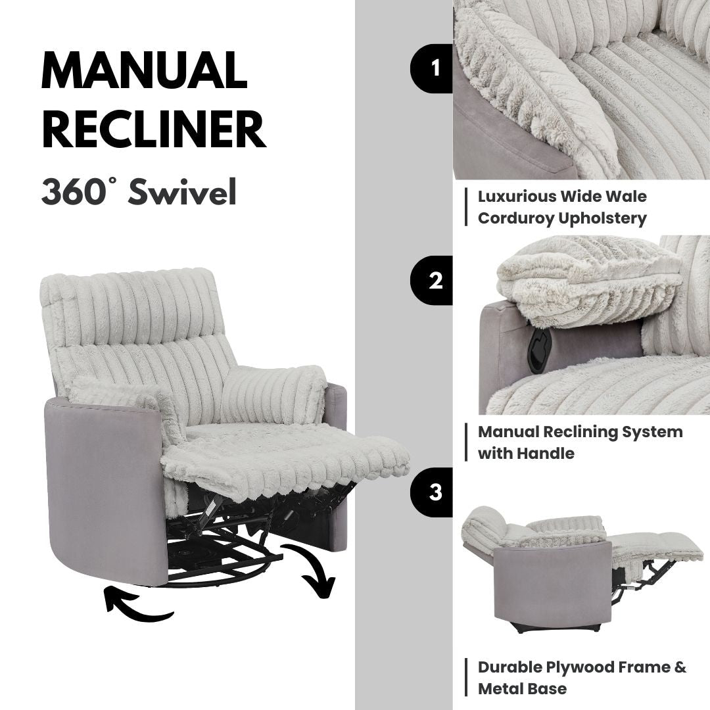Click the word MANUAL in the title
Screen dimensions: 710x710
point(144,71)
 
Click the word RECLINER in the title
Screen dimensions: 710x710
point(153,130)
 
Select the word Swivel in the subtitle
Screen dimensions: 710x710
point(182,192)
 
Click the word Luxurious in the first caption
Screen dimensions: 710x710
point(515,197)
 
